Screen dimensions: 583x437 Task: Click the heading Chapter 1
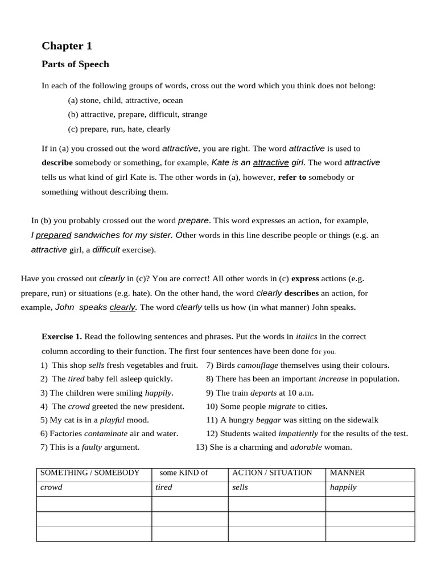click(x=67, y=46)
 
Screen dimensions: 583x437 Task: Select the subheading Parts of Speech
click(x=75, y=64)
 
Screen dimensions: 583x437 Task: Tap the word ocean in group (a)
click(x=172, y=100)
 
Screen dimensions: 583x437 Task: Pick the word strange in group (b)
click(x=195, y=114)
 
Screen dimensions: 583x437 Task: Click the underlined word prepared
click(x=53, y=235)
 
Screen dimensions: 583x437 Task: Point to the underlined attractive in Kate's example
click(x=271, y=163)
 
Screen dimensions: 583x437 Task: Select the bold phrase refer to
click(x=292, y=177)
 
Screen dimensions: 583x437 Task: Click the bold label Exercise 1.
click(x=61, y=336)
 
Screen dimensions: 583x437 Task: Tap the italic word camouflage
click(x=257, y=365)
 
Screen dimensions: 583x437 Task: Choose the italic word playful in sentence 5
click(x=112, y=420)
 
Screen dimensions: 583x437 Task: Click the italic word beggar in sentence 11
click(x=269, y=420)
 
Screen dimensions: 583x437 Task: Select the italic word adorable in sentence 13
click(x=306, y=447)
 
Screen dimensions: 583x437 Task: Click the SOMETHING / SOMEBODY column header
click(x=90, y=473)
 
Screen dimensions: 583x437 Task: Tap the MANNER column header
click(x=347, y=473)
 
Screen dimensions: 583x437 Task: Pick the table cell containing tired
click(x=189, y=488)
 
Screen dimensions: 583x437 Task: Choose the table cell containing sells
click(x=277, y=488)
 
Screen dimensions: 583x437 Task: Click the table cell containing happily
click(x=370, y=488)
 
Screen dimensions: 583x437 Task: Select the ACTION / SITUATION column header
click(x=272, y=473)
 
